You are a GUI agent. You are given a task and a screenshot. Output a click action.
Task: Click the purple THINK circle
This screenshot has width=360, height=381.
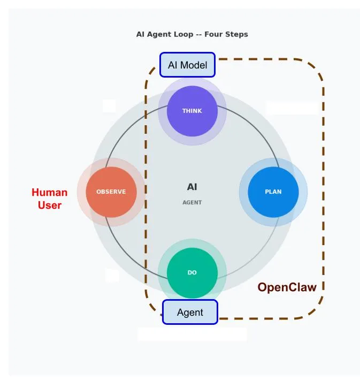[192, 111]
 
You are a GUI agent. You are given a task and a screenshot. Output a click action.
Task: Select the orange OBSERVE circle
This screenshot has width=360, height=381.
[111, 192]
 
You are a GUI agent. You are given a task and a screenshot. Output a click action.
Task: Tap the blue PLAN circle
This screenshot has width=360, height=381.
[273, 192]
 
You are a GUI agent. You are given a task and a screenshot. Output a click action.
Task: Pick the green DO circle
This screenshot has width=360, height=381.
[192, 273]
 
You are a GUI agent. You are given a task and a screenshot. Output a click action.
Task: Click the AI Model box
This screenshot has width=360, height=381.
[187, 65]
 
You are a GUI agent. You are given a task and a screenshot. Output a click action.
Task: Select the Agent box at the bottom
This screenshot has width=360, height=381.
[190, 312]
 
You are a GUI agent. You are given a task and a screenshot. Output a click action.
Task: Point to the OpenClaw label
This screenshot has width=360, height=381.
[287, 287]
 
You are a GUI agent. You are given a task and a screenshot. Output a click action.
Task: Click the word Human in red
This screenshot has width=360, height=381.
[49, 193]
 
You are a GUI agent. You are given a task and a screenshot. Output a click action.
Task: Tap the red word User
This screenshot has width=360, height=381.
[49, 205]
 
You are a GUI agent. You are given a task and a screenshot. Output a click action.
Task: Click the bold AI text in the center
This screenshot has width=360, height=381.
[192, 187]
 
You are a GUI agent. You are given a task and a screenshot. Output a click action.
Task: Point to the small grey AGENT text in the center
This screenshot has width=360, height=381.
[192, 203]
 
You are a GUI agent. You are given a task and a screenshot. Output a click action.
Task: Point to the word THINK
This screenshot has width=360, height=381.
[192, 111]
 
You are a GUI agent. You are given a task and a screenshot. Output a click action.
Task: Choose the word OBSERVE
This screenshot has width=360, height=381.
[111, 192]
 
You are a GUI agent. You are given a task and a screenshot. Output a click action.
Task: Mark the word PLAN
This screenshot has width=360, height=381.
[273, 192]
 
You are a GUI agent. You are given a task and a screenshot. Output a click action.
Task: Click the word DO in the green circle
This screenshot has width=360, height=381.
[192, 273]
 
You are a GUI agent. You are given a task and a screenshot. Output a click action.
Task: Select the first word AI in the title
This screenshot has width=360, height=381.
[140, 34]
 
